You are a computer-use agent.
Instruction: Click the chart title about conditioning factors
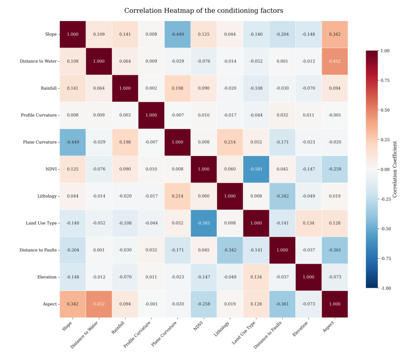click(203, 10)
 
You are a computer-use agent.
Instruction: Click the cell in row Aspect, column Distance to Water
click(99, 304)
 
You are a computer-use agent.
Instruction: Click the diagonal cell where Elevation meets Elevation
click(308, 277)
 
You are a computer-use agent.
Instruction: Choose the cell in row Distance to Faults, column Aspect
click(334, 250)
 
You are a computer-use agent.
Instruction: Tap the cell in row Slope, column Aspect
click(334, 34)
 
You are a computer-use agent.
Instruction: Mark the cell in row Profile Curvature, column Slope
click(73, 115)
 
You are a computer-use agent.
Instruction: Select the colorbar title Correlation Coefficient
click(395, 169)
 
